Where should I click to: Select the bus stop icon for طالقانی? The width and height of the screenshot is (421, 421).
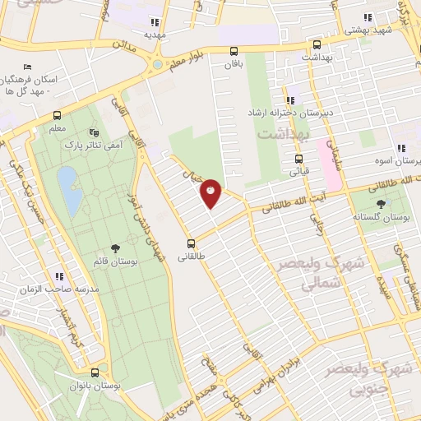[x=191, y=243]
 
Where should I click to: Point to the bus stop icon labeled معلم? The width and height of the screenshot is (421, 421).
[x=57, y=115]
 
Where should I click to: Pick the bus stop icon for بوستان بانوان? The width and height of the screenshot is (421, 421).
[x=95, y=372]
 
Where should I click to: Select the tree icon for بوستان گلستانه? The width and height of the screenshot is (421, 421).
[x=381, y=204]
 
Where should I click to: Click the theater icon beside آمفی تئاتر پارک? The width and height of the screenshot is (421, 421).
[x=94, y=132]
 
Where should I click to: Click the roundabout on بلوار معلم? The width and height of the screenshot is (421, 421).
[x=156, y=63]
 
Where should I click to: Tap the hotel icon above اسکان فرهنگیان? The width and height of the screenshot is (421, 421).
[x=28, y=67]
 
